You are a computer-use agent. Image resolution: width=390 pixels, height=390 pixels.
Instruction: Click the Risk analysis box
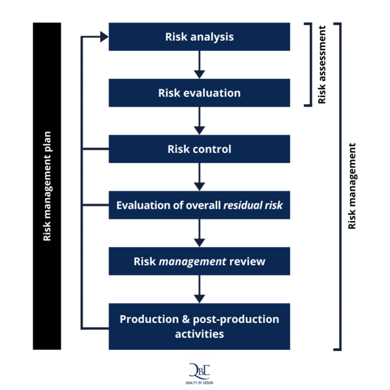199,37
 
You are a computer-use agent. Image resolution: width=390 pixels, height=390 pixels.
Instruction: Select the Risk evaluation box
199,93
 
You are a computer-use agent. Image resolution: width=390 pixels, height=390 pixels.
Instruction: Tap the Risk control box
199,149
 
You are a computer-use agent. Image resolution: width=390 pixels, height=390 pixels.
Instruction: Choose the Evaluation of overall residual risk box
199,205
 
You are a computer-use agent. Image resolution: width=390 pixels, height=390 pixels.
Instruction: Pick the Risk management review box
199,261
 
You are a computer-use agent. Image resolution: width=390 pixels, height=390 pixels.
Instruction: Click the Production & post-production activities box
199,326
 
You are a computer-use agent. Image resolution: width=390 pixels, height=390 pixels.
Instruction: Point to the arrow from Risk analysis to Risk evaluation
199,65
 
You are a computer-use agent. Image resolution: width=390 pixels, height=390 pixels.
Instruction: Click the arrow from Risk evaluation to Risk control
199,121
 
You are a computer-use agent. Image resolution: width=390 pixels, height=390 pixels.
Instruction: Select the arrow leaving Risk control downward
199,177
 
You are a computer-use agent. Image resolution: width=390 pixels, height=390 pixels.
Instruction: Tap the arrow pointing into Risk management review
199,233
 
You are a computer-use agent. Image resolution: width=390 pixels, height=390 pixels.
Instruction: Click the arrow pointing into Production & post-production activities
199,289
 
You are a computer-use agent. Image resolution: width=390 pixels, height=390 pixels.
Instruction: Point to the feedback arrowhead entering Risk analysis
104,37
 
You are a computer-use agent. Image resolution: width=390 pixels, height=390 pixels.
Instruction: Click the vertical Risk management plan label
47,186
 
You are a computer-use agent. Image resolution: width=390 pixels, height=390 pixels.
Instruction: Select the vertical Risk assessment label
322,65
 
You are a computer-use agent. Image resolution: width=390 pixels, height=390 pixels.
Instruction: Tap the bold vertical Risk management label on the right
352,186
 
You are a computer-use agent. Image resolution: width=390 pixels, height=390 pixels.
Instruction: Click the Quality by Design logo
199,373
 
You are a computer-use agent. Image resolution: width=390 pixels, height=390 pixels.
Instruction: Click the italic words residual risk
253,205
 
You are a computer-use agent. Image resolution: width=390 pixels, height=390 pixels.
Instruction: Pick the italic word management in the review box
192,261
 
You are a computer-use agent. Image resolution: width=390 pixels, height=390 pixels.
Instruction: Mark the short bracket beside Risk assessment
308,65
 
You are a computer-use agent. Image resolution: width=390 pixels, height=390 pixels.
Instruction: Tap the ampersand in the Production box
185,319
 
